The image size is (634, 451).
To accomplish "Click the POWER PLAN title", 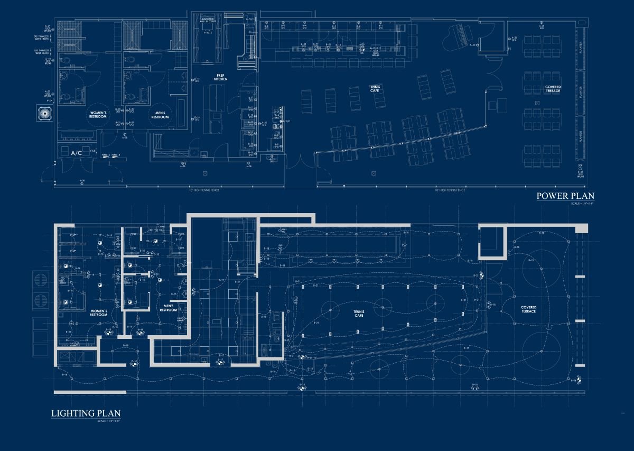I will pyautogui.click(x=565, y=196).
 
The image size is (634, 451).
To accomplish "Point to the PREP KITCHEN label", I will pyautogui.click(x=221, y=77).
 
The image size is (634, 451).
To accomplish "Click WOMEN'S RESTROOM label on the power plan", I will pyautogui.click(x=98, y=115).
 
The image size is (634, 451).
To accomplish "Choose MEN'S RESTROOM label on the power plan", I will pyautogui.click(x=160, y=115).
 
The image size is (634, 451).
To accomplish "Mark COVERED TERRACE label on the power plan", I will pyautogui.click(x=553, y=89).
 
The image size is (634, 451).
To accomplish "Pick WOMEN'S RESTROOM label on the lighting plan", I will pyautogui.click(x=98, y=313).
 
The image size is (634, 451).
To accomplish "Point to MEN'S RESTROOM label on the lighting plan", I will pyautogui.click(x=168, y=308).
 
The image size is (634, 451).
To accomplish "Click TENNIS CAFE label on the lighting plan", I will pyautogui.click(x=359, y=313).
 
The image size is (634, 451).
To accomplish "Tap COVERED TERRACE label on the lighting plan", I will pyautogui.click(x=528, y=309).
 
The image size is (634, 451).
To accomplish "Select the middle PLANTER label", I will pyautogui.click(x=580, y=94).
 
